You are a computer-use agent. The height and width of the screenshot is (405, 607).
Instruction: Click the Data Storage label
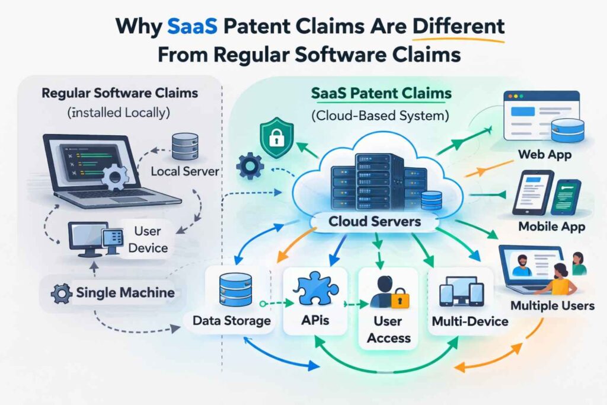click(x=232, y=321)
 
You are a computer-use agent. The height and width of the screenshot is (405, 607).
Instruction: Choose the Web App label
click(x=544, y=155)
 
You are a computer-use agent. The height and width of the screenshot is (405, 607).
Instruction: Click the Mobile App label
click(x=551, y=227)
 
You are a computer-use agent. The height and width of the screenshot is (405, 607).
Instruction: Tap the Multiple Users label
click(x=552, y=306)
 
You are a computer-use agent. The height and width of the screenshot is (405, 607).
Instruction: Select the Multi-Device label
click(x=470, y=321)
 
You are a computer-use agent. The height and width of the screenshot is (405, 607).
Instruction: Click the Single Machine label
click(x=125, y=292)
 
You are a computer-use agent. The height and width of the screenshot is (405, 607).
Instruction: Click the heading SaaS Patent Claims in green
click(x=381, y=94)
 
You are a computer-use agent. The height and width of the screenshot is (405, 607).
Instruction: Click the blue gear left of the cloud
click(x=249, y=167)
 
